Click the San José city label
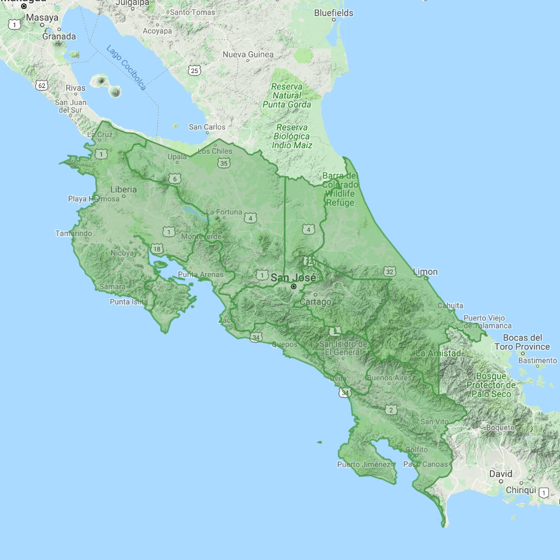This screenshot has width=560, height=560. coord(293,278)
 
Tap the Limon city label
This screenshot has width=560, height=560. coord(425,271)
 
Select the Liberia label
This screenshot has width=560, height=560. coord(123,189)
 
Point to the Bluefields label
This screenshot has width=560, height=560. coord(333,12)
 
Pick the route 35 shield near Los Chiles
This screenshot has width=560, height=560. coord(223,163)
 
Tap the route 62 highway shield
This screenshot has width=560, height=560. coord(41,85)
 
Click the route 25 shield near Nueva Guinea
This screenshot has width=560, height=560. coord(193,70)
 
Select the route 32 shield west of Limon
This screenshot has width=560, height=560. coord(390,271)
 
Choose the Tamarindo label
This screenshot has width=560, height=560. coord(74,233)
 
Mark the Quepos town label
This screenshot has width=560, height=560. coord(284,344)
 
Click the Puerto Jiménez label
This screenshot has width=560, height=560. coord(364,464)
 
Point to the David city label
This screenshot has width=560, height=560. coord(501,474)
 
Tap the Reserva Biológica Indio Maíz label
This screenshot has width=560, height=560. coord(292,136)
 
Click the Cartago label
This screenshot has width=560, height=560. coord(316,302)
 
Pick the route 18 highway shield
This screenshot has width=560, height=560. coord(158,249)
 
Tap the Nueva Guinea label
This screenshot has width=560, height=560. coord(248,54)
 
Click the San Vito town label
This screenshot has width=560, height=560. coord(435,421)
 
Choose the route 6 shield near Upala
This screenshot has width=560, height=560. coord(175,178)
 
